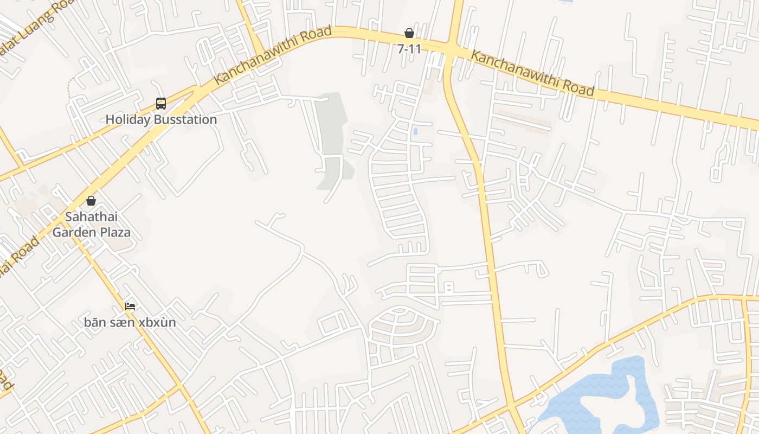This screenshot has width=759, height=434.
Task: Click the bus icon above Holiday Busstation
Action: (161, 103)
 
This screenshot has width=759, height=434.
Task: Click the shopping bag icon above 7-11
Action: (409, 33)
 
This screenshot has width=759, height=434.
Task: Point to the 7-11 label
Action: (409, 49)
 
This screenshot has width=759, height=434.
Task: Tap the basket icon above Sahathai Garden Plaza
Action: (91, 201)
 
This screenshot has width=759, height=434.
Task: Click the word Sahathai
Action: (91, 217)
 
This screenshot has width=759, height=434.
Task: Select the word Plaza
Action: (115, 233)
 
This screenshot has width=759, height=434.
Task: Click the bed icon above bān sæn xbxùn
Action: (130, 307)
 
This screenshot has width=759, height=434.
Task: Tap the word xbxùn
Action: (157, 322)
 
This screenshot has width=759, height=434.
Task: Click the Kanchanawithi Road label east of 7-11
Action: (532, 73)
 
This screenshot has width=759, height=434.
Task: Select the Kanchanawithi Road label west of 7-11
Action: (273, 55)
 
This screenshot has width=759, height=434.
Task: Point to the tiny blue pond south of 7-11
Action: (415, 131)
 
